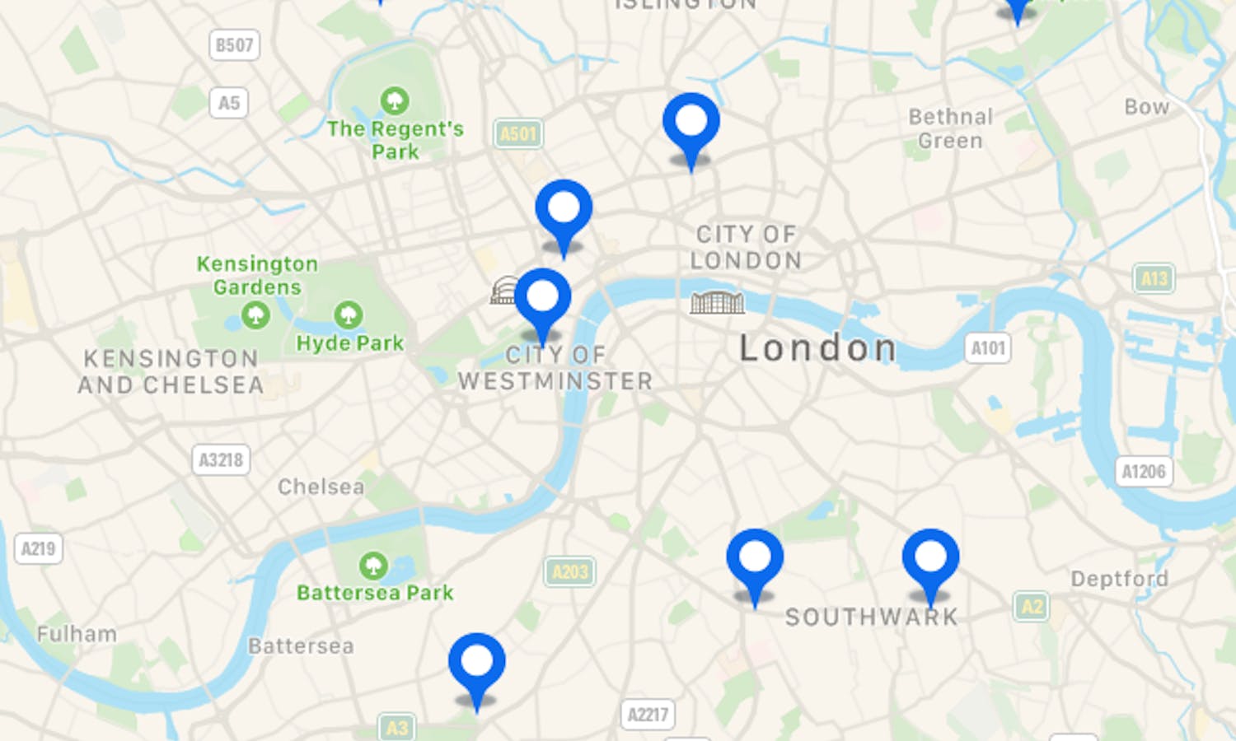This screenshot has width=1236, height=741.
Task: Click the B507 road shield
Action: pos(234,45)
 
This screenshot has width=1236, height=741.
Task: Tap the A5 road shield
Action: pos(228,103)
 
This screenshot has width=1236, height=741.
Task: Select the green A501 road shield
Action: pos(518,133)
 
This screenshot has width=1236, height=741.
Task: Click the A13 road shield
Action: pos(1154,278)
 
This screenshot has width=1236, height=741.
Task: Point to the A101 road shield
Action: pos(987,348)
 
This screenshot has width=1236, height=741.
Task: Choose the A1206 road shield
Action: pos(1144,472)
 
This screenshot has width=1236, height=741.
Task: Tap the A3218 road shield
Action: pos(221,459)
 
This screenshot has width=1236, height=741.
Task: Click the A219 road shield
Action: pos(38,548)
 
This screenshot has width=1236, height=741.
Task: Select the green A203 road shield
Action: pos(569,571)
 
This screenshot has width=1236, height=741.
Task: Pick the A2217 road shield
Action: pos(648,714)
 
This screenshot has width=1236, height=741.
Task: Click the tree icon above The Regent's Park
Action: pos(395,100)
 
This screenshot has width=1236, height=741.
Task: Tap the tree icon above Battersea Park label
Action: pos(373,566)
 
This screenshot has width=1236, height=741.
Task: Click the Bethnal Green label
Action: pos(950,128)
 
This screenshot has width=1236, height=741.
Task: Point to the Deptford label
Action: pos(1118,579)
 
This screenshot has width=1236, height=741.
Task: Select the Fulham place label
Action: pos(77,634)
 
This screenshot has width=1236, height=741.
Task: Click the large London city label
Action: pos(817,348)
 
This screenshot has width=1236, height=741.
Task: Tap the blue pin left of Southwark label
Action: pos(755,560)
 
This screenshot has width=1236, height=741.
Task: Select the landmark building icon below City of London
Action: pos(717,302)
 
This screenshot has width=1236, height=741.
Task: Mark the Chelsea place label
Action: pos(321,487)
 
